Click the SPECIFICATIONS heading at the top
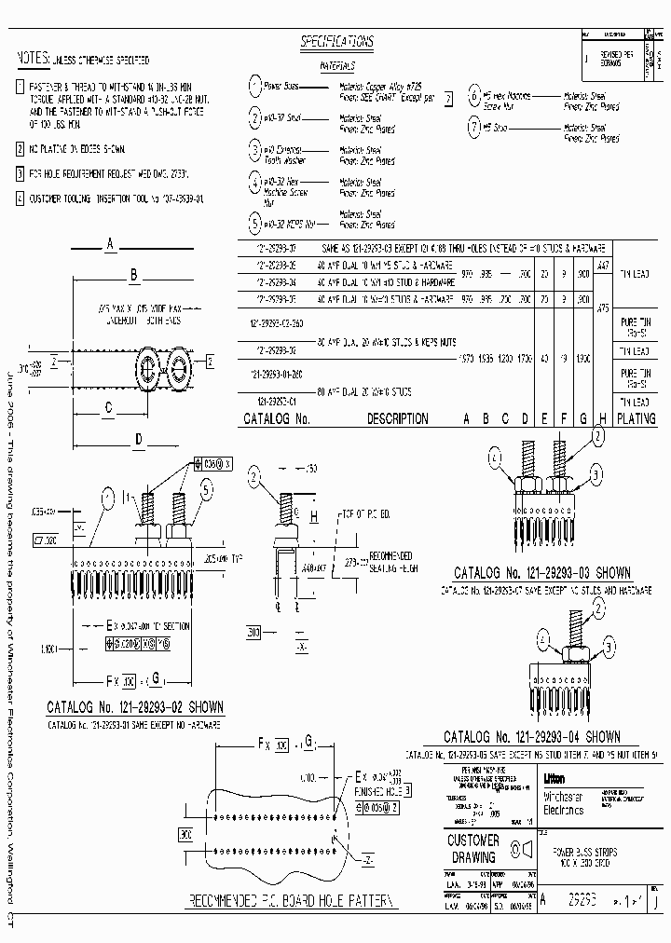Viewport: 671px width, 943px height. pos(336,42)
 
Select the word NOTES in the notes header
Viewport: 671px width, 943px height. pos(34,59)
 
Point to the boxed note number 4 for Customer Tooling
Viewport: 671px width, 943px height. pos(21,198)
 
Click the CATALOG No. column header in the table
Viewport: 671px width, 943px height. pos(276,419)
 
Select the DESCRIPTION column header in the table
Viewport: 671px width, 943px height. pos(397,419)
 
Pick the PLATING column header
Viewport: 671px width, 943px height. pos(637,419)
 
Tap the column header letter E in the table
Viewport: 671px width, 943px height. pos(544,419)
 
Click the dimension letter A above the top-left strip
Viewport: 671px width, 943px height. pos(110,244)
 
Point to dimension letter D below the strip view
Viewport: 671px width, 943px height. pos(138,439)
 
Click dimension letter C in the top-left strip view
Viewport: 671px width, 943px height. pos(108,406)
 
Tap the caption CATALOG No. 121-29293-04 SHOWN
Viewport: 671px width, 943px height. pos(531,736)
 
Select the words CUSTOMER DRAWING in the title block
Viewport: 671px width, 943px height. pos(473,847)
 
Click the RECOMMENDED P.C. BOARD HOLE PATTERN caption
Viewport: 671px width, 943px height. pos(292,902)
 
